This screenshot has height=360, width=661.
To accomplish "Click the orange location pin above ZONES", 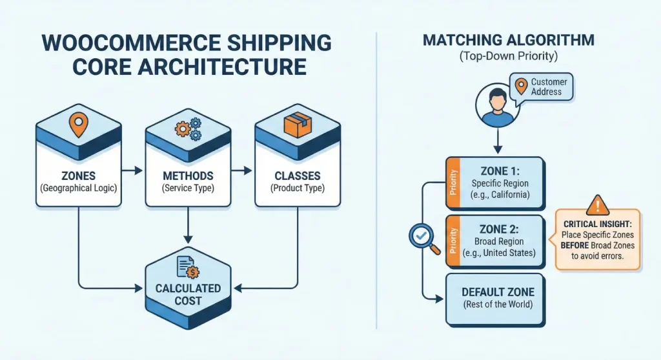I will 78,125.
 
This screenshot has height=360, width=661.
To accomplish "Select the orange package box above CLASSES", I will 298,126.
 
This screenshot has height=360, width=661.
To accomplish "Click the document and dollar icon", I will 187,266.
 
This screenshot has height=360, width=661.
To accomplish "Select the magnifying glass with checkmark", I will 423,237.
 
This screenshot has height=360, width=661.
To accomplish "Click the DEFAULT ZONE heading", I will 498,292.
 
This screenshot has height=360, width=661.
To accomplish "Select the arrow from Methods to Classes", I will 243,171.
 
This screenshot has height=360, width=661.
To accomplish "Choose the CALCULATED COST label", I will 188,294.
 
